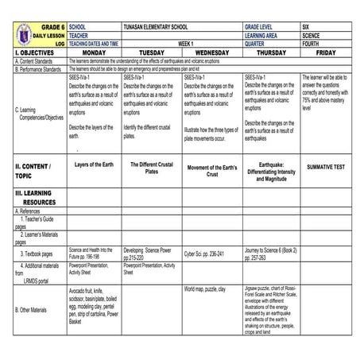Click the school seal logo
pyautogui.click(x=25, y=35)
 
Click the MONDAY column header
pyautogui.click(x=89, y=52)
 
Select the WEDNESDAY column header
pyautogui.click(x=211, y=52)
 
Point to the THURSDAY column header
pyautogui.click(x=272, y=52)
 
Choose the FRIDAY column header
pyautogui.click(x=326, y=52)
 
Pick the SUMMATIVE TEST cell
pyautogui.click(x=326, y=167)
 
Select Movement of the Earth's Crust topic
pyautogui.click(x=211, y=171)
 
